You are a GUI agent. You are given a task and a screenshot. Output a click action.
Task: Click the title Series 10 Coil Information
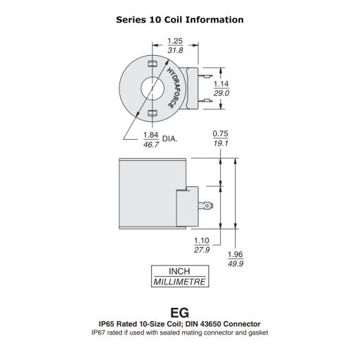[180, 20]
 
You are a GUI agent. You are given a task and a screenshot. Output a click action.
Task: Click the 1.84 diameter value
[150, 135]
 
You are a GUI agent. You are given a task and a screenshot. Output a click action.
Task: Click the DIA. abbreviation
[171, 139]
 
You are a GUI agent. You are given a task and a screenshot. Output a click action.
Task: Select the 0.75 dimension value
[222, 133]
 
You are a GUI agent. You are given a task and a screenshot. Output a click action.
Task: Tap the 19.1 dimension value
[222, 143]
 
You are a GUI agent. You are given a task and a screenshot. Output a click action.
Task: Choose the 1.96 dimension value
[236, 255]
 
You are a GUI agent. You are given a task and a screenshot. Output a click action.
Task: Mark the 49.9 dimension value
[236, 264]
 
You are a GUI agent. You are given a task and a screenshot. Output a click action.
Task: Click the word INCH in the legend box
[180, 271]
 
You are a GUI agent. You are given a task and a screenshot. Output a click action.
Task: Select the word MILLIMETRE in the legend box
[180, 281]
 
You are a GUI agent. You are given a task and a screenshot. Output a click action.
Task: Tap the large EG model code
[180, 311]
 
